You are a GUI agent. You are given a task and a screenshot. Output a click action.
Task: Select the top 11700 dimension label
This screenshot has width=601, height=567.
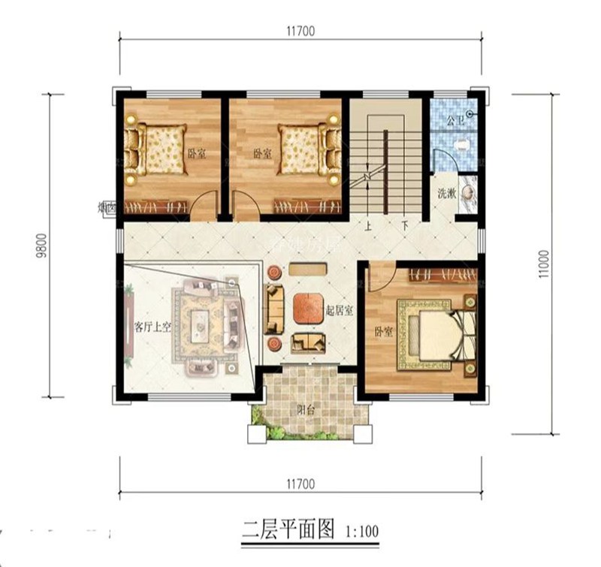(x=299, y=30)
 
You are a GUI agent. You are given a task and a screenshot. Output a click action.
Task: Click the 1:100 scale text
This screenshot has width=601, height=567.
(x=361, y=531)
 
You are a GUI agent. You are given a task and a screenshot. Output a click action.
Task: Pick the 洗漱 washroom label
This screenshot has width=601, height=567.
(x=447, y=193)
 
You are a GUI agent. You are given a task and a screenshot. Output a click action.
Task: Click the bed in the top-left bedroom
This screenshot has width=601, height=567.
(x=156, y=148)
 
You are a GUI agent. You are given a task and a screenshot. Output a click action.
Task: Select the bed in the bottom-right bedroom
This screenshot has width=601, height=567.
(x=442, y=334)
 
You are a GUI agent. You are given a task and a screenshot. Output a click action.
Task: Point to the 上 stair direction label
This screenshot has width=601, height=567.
(x=370, y=225)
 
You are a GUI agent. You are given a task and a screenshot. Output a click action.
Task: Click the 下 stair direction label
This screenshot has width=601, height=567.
(x=403, y=225)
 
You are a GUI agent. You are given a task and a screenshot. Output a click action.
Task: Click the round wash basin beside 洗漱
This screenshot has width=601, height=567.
(x=469, y=194)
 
